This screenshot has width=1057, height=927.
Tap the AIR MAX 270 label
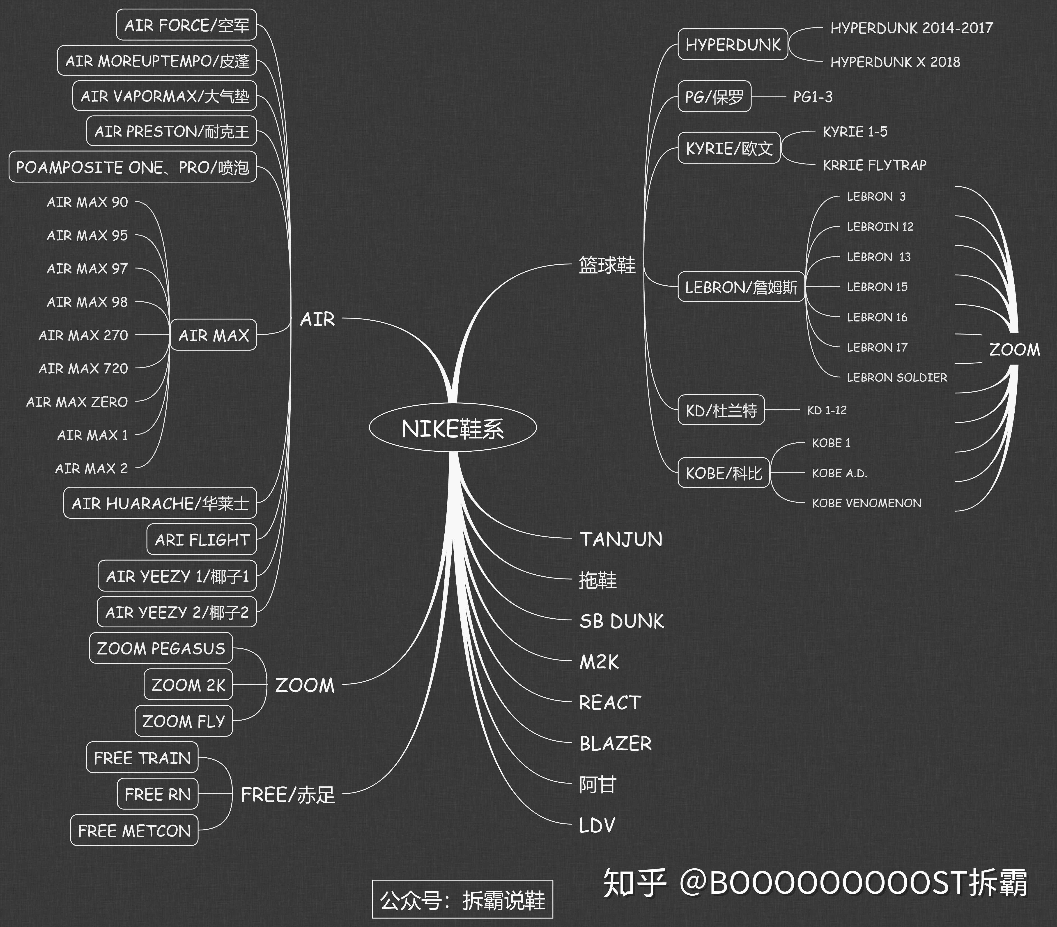pyautogui.click(x=83, y=335)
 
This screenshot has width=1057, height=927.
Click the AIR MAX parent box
pyautogui.click(x=214, y=335)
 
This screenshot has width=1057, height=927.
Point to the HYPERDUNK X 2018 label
pyautogui.click(x=895, y=62)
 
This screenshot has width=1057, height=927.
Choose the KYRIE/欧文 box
pyautogui.click(x=729, y=148)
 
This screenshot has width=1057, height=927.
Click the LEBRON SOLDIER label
pyautogui.click(x=897, y=378)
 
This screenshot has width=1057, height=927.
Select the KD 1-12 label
pyautogui.click(x=827, y=410)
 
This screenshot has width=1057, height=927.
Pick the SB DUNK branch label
pyautogui.click(x=621, y=621)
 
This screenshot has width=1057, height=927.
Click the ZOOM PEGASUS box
pyautogui.click(x=161, y=648)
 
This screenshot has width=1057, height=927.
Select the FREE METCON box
pyautogui.click(x=134, y=831)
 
